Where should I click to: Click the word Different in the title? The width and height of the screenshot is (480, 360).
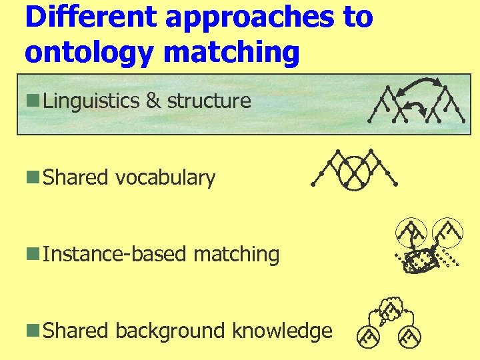(91, 17)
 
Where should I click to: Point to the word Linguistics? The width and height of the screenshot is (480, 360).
(91, 101)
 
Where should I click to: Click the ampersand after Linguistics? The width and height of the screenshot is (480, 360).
(153, 101)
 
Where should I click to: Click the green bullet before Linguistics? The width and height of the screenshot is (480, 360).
(32, 101)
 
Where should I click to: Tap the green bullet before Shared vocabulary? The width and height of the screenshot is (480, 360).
(32, 178)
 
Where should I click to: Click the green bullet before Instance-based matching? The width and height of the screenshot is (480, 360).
(32, 255)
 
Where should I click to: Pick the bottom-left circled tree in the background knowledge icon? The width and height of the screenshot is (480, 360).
(367, 339)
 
